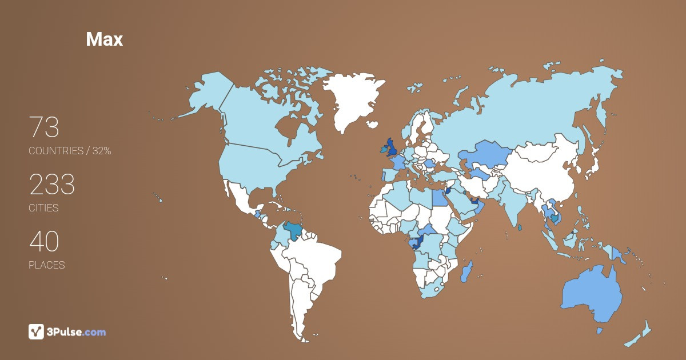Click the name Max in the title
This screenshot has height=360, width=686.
(x=104, y=39)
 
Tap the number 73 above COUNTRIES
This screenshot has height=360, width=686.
(x=44, y=127)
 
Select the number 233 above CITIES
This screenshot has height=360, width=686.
(x=52, y=185)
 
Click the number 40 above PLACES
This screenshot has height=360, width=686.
(x=44, y=242)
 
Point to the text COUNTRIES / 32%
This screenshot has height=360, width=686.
(x=70, y=151)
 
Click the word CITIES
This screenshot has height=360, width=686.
(x=43, y=208)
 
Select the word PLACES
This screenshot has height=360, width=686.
(x=46, y=265)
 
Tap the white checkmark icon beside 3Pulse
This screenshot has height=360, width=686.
(x=37, y=331)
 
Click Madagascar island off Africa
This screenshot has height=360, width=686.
(x=466, y=271)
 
